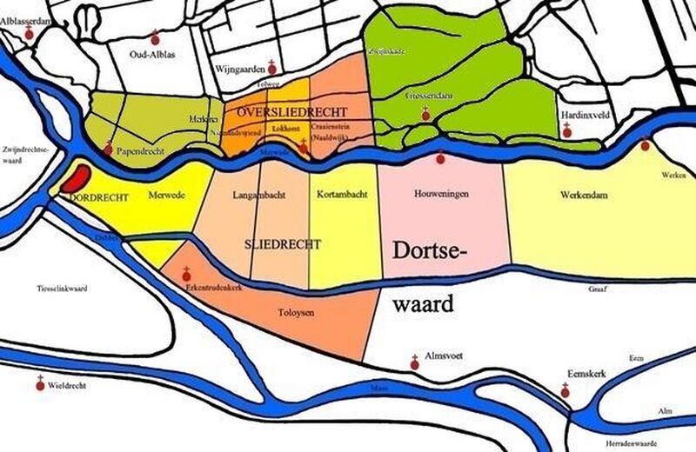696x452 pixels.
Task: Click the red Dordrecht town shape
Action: coord(77,177)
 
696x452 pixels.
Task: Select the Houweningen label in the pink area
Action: coord(437,196)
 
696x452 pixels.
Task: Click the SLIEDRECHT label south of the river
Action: coord(283,244)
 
